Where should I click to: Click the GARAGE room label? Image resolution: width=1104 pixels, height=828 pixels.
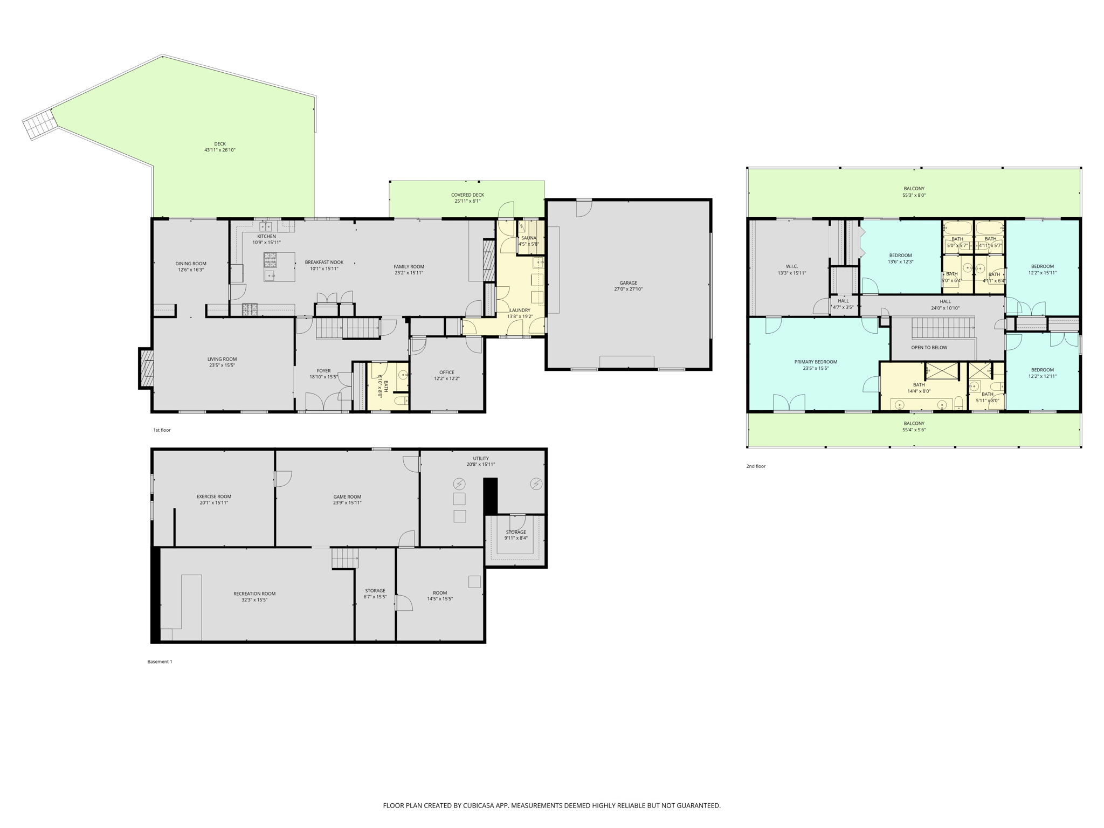(x=628, y=282)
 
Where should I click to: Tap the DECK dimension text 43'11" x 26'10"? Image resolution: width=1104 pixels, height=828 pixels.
(x=219, y=150)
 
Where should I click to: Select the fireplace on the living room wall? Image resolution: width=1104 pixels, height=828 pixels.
(x=146, y=369)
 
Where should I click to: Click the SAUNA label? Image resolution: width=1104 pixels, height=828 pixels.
(x=528, y=238)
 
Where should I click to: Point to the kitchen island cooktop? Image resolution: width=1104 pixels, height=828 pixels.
(x=271, y=260)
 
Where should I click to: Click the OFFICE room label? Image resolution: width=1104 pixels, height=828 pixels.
(x=446, y=372)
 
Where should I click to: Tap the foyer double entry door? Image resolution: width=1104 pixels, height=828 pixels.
(x=322, y=402)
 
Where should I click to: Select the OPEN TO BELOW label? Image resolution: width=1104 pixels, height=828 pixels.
(x=929, y=347)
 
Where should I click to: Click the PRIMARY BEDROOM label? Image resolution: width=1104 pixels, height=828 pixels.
(x=815, y=362)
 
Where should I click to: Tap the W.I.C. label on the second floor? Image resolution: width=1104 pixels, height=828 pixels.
(x=791, y=266)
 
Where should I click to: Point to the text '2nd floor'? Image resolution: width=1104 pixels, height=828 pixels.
(x=755, y=466)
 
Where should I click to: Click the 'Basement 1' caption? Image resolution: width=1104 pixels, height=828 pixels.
(x=160, y=661)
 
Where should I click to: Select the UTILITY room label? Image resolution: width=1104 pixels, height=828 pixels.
(x=480, y=458)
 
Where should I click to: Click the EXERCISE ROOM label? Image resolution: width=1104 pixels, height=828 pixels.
(x=213, y=496)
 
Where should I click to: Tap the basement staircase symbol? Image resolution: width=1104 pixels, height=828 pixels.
(x=344, y=558)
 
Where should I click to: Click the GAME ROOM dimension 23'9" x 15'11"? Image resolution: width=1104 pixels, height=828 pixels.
(x=347, y=503)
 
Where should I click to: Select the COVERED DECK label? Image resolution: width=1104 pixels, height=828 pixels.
(x=467, y=195)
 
